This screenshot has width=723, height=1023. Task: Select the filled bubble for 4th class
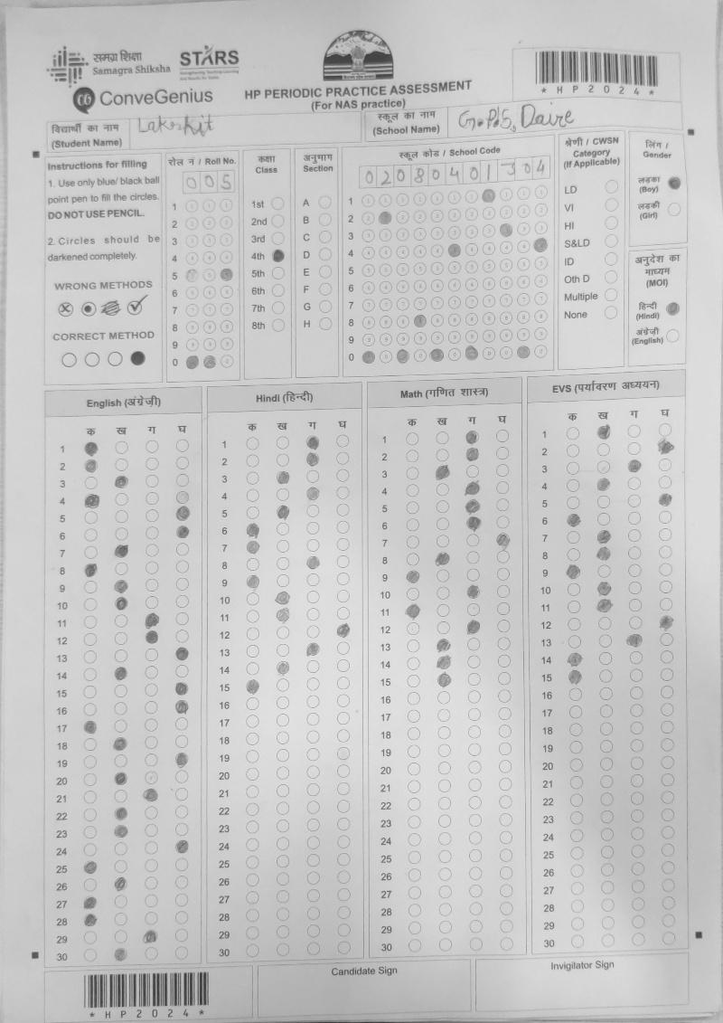click(x=278, y=256)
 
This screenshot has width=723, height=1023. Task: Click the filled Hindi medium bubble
click(x=672, y=308)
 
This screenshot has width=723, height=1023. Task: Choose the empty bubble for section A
click(x=324, y=204)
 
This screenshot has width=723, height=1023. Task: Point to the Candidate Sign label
click(x=363, y=971)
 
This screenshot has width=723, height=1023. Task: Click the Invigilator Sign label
click(x=582, y=965)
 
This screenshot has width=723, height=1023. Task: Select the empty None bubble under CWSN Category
click(x=611, y=314)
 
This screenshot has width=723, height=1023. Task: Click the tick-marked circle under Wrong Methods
click(x=136, y=308)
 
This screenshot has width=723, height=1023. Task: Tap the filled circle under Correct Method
click(x=137, y=358)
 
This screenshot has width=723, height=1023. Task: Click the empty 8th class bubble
click(x=278, y=325)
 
